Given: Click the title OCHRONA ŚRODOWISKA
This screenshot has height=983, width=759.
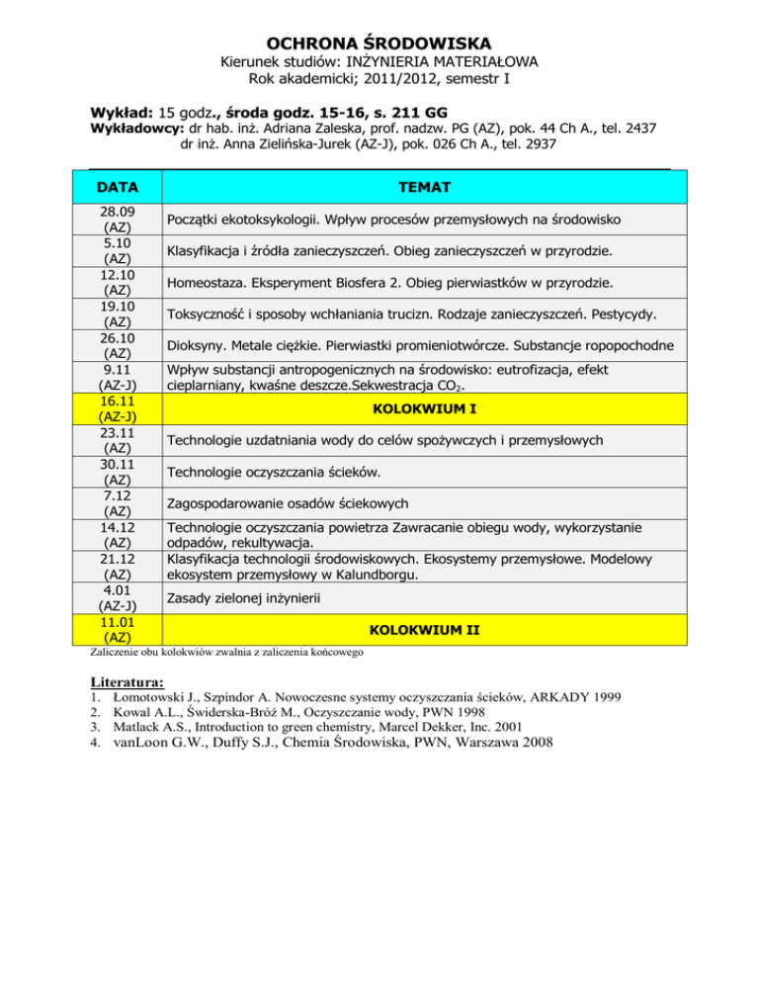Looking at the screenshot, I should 379,44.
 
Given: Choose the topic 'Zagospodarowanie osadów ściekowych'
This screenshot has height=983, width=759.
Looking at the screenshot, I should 288,502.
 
